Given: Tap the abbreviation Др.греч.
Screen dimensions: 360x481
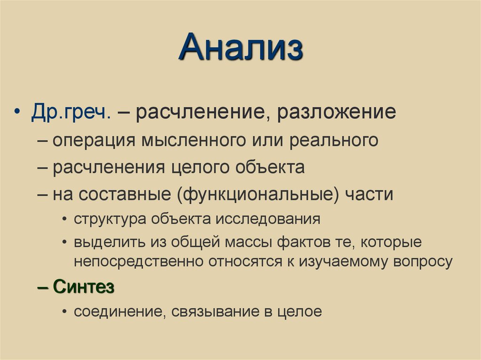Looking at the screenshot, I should [71, 113].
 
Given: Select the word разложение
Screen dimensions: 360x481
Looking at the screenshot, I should [336, 113].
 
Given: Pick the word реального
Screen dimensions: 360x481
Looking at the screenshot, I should [334, 140].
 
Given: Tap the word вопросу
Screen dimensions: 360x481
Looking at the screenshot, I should [419, 261].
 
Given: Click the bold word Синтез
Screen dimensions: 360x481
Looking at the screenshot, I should [84, 287].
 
